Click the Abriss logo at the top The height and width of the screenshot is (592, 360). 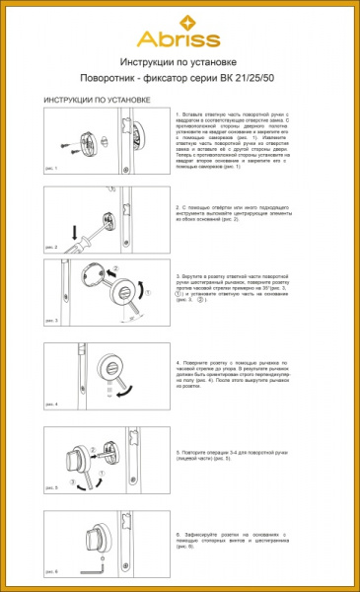pos(180,37)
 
